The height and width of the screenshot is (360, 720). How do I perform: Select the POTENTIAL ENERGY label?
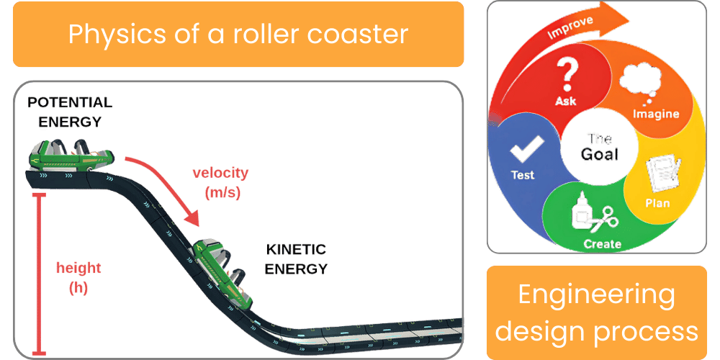coord(70,112)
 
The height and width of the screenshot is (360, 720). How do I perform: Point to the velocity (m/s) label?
coord(220,182)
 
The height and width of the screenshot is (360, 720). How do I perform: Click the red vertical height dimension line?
coord(39,274)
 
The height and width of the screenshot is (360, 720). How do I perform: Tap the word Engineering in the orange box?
coord(597,294)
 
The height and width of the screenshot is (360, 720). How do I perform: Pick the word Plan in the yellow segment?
coord(657,203)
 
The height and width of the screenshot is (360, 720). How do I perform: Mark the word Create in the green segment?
coord(602,244)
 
